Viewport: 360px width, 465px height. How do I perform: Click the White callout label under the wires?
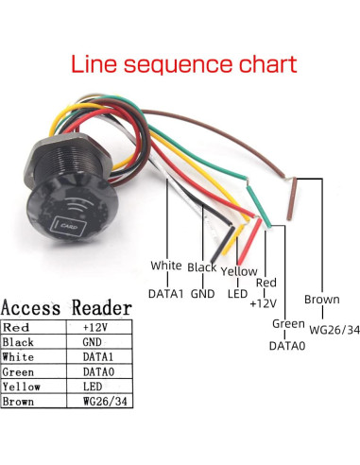point(165,267)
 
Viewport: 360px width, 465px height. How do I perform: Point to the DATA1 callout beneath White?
point(166,293)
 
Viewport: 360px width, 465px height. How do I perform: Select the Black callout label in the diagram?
point(202,267)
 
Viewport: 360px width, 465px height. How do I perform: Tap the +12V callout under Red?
point(262,304)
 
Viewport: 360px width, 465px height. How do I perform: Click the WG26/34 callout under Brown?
point(321,329)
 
